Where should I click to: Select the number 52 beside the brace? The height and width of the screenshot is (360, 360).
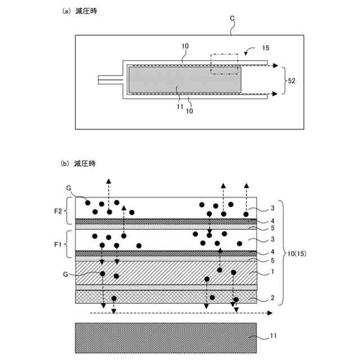point(291,80)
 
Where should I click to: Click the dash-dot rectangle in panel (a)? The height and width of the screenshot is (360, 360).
point(225,64)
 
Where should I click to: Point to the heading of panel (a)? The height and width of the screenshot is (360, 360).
point(79,11)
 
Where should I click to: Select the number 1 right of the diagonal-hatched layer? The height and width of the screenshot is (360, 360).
point(272,272)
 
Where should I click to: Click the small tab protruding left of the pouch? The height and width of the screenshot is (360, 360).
point(110,80)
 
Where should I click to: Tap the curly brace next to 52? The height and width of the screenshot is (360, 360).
point(283,80)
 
